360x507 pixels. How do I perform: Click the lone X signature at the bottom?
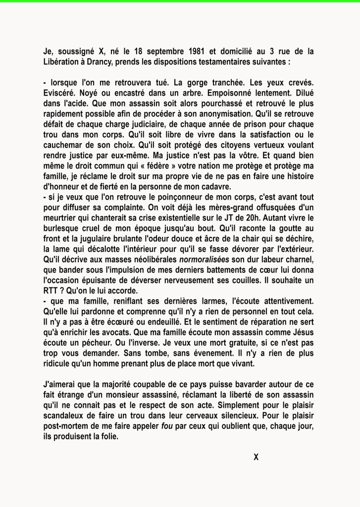[x=256, y=456]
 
